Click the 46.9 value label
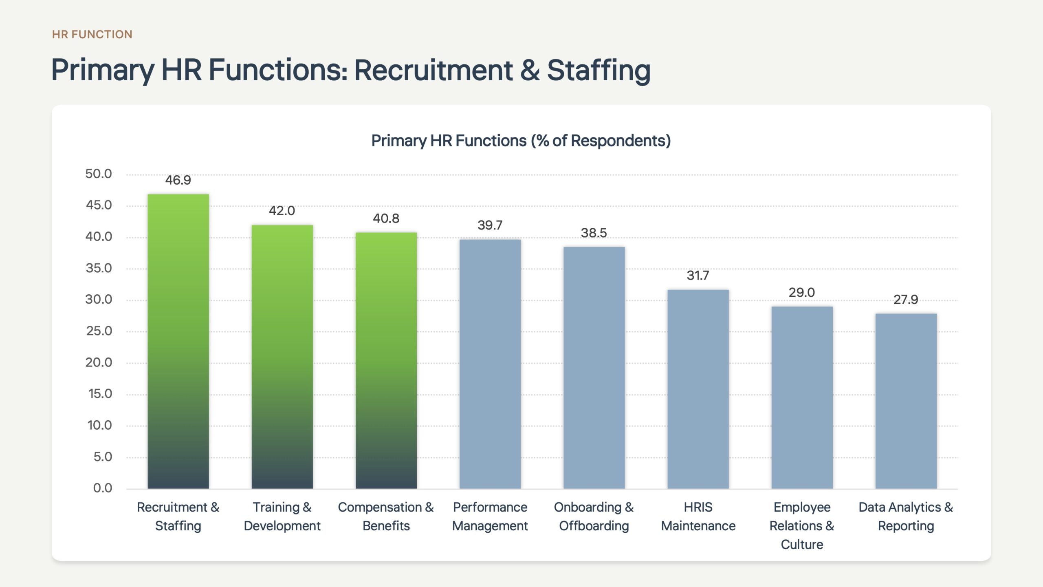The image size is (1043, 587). click(178, 180)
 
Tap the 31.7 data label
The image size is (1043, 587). click(698, 276)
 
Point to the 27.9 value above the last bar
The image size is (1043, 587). click(906, 300)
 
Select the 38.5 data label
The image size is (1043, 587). click(594, 233)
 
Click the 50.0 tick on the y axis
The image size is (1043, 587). click(99, 174)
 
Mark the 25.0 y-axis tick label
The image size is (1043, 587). click(99, 331)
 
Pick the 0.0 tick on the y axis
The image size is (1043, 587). click(103, 488)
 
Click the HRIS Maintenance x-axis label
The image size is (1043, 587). click(698, 516)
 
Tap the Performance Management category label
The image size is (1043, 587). click(490, 516)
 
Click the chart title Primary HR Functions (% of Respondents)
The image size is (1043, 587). click(521, 141)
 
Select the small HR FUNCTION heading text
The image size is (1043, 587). click(92, 34)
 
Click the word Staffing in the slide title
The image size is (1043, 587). click(599, 70)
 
